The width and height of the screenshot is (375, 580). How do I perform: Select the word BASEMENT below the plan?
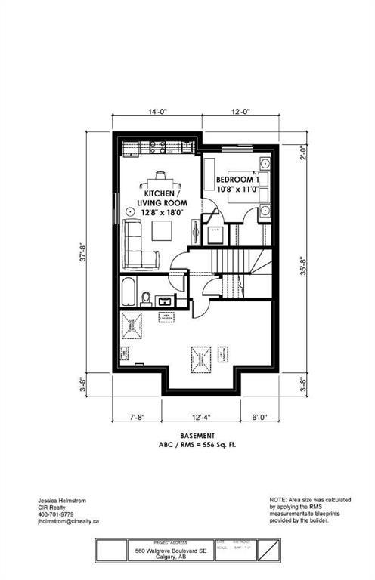(197, 436)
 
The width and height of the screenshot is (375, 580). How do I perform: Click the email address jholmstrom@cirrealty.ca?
(69, 521)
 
